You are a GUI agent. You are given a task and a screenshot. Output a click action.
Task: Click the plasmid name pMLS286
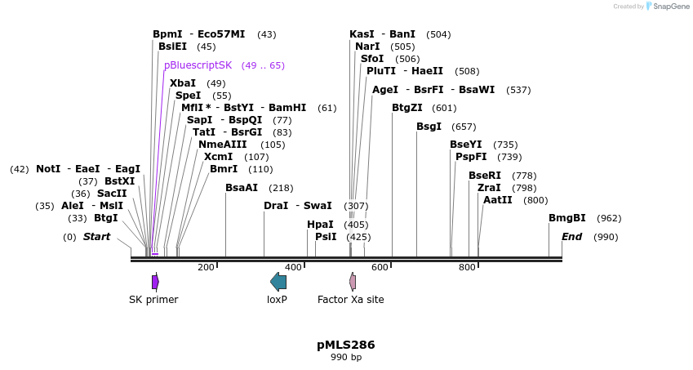point(345,345)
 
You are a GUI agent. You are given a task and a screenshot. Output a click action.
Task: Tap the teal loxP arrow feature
point(278,282)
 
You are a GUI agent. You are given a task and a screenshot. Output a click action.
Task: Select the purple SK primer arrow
point(155,282)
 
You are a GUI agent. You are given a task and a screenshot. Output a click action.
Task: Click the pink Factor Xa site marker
point(353,282)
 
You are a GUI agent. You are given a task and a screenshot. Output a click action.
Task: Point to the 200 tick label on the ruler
point(206,267)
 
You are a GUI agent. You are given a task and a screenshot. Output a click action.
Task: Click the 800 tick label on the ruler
point(467,267)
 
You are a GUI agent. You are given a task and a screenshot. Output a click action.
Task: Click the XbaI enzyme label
point(182,83)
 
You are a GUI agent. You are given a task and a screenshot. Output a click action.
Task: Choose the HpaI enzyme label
point(320,225)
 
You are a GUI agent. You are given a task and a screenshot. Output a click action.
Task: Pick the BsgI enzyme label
point(429,127)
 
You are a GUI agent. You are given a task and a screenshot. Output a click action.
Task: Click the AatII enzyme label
point(497,200)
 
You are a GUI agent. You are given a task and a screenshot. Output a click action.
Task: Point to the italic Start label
point(96,237)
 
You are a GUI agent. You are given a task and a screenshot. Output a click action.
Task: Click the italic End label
point(571,237)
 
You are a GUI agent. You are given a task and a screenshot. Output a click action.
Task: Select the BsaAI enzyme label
point(241,188)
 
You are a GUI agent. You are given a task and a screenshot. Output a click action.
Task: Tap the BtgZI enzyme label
point(407,108)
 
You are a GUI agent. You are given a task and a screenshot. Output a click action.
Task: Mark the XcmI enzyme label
point(218,157)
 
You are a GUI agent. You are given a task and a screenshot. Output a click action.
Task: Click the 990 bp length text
point(345,358)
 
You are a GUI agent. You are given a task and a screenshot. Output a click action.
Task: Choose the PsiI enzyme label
point(326,237)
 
